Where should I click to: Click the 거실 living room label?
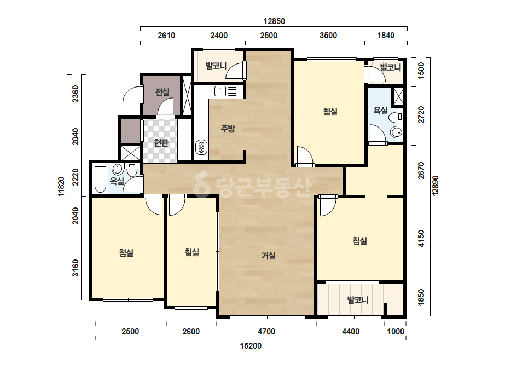tap(268, 256)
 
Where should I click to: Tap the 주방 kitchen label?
tap(228, 129)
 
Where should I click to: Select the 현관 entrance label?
tap(161, 142)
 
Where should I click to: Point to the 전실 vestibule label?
tap(162, 92)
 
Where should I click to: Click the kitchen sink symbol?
tap(220, 91)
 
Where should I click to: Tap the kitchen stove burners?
tap(201, 147)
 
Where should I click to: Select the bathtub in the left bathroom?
tap(101, 179)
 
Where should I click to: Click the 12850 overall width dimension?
tap(274, 21)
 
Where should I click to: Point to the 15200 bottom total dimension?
tap(251, 346)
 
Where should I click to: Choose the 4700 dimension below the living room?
tap(266, 332)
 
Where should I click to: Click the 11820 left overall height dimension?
tap(61, 186)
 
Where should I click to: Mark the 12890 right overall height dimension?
tap(435, 186)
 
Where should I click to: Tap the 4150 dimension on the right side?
tap(421, 239)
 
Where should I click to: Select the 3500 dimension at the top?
tap(328, 36)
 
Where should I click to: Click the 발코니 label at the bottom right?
tap(357, 300)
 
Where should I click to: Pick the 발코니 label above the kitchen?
tap(216, 66)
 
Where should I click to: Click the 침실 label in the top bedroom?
tap(330, 112)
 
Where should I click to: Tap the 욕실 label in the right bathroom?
tap(380, 111)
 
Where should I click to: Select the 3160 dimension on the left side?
tap(75, 268)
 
